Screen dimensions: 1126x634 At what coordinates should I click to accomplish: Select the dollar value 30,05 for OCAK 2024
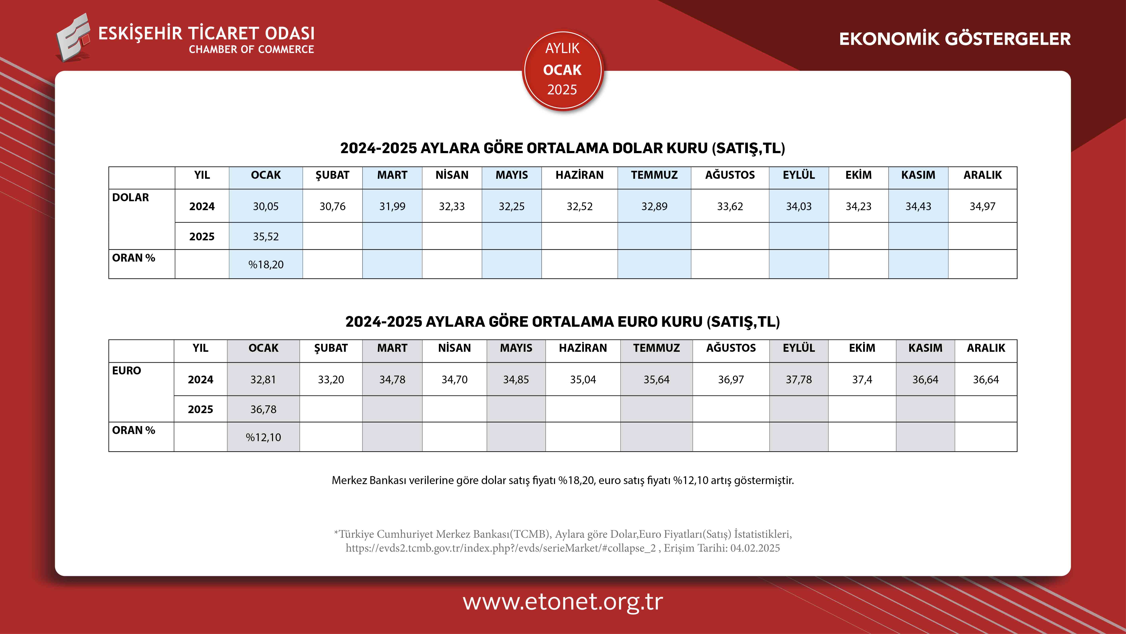coord(266,206)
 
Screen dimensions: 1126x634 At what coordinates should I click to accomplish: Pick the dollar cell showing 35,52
coord(266,236)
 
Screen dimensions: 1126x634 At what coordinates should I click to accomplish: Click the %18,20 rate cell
coord(266,264)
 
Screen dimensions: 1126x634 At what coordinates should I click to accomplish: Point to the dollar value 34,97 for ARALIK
coord(983,206)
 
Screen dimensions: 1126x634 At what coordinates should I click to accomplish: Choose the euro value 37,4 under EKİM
coord(862,379)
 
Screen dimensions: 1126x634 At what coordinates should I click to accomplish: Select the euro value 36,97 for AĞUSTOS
coord(731,379)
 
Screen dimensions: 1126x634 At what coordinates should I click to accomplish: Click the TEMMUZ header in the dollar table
coord(654,175)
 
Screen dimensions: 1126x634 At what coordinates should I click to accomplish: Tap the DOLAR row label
coord(130,197)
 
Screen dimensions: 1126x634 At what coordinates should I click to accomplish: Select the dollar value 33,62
coord(730,206)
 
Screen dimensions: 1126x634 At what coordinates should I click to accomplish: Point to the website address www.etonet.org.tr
coord(563,602)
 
